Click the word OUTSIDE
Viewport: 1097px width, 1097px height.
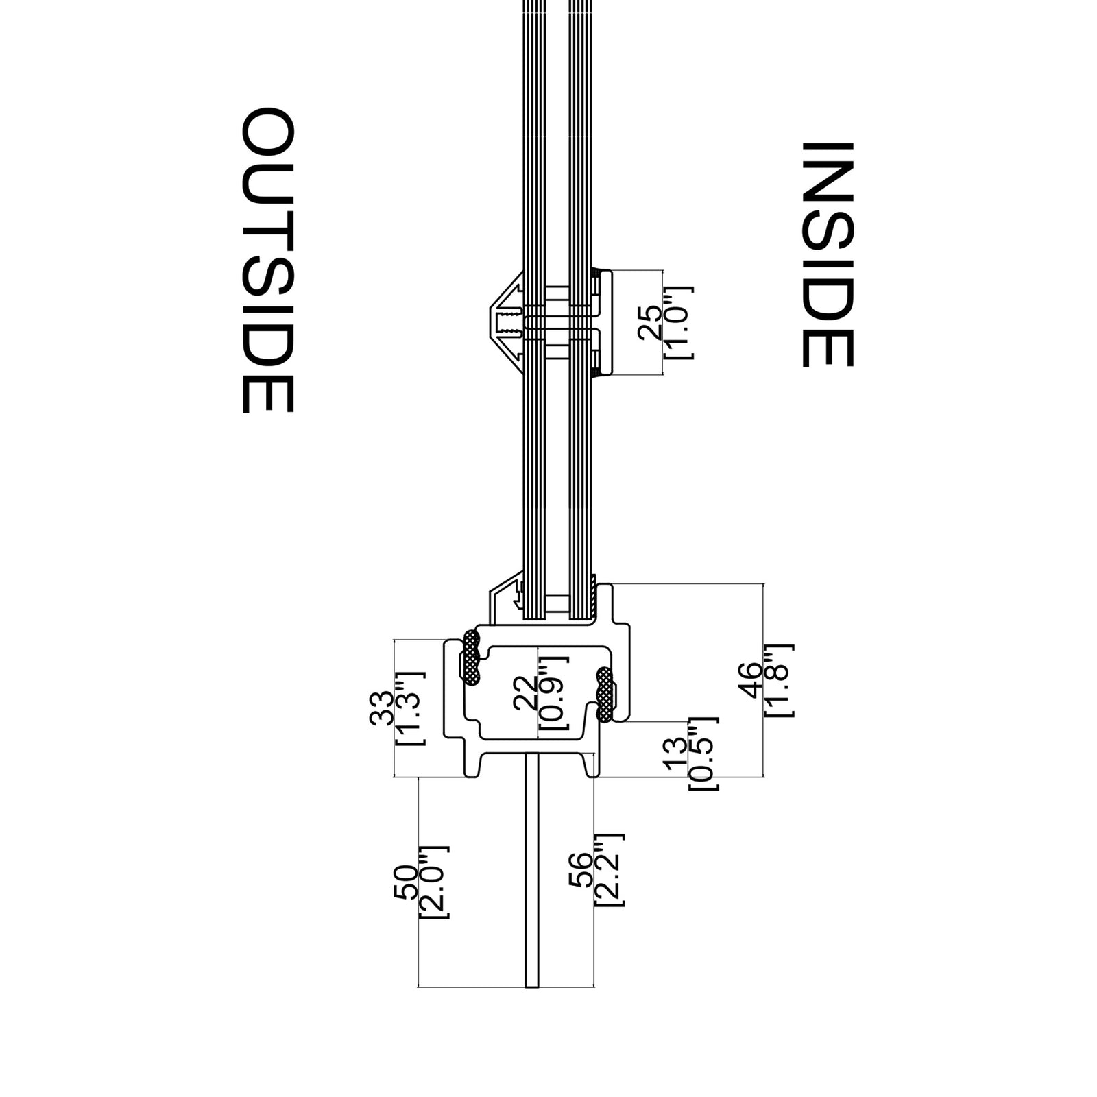268,260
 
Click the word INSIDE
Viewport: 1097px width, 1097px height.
828,255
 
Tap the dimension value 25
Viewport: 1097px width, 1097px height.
649,323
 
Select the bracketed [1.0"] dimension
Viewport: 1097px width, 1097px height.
678,322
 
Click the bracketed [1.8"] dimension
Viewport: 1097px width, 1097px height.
779,680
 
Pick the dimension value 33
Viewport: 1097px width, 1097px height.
381,708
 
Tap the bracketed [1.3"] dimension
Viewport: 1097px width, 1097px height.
411,708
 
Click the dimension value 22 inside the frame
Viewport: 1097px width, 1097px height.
525,693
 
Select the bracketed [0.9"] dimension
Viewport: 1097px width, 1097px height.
553,692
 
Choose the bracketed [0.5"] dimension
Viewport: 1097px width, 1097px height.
703,754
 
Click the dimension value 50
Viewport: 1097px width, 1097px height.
405,882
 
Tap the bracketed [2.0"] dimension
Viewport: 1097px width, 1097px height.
434,882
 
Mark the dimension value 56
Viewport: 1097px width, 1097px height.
580,870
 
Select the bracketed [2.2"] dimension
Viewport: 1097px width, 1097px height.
610,870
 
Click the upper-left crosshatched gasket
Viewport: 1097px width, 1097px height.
471,658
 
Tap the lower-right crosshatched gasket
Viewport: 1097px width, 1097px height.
605,694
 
